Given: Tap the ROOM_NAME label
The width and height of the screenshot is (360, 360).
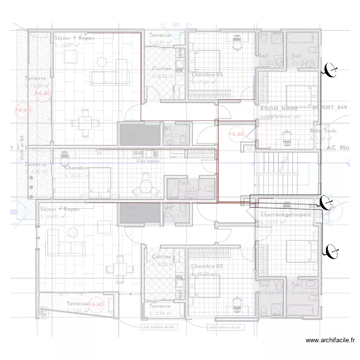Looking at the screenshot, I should coord(279,109).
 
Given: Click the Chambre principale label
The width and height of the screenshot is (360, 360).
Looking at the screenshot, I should coord(286,215).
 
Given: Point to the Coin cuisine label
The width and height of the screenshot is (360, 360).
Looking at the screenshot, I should coord(148,161).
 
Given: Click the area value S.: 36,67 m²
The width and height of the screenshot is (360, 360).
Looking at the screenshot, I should coord(70,46).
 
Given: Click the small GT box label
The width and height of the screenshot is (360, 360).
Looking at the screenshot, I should coord(250,149).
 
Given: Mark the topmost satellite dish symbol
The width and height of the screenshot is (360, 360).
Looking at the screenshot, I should coord(330,71).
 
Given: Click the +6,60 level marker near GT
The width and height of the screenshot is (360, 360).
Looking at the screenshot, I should coord(236,134).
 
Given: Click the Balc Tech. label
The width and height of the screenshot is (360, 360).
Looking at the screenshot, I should coord(324,131).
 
